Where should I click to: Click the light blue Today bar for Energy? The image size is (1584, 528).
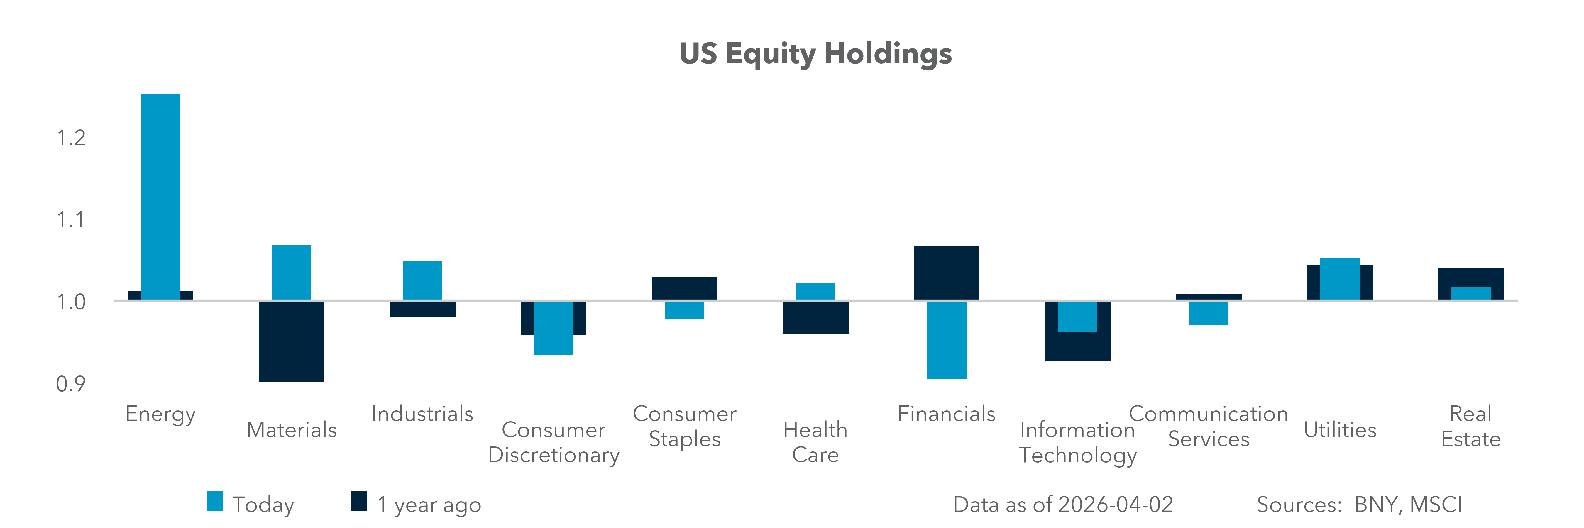tap(160, 197)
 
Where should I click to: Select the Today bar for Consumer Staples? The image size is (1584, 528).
tap(684, 310)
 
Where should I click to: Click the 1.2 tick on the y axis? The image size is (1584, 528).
tap(71, 138)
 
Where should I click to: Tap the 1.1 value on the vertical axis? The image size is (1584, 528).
tap(71, 219)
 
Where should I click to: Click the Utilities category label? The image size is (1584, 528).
tap(1340, 430)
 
